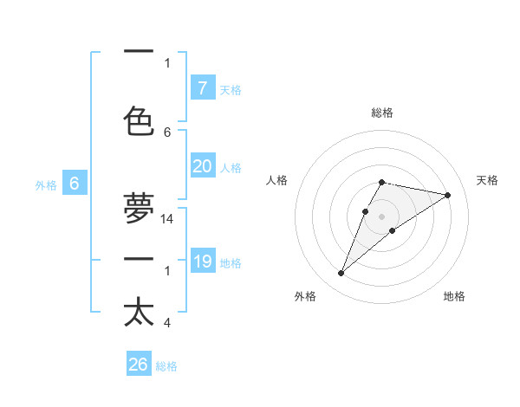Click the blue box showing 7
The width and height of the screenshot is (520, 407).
pyautogui.click(x=203, y=87)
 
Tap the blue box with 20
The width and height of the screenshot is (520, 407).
pyautogui.click(x=203, y=166)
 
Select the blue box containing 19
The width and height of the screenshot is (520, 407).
pyautogui.click(x=203, y=261)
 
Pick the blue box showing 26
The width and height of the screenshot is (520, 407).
pyautogui.click(x=139, y=365)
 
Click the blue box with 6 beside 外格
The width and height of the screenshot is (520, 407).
pyautogui.click(x=75, y=184)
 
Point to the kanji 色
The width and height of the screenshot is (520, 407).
pyautogui.click(x=139, y=120)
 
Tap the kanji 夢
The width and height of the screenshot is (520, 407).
pyautogui.click(x=139, y=208)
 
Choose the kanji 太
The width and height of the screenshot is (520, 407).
pyautogui.click(x=139, y=312)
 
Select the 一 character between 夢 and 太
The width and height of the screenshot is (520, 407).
pyautogui.click(x=139, y=259)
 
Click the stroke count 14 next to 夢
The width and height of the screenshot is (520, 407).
pyautogui.click(x=167, y=220)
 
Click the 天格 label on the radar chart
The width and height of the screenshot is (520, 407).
pyautogui.click(x=487, y=180)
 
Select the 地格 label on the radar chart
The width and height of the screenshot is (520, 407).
pyautogui.click(x=454, y=296)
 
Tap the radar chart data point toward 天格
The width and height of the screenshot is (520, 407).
pyautogui.click(x=447, y=195)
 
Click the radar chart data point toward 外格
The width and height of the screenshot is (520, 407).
pyautogui.click(x=341, y=274)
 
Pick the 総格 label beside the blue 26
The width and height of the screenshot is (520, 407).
pyautogui.click(x=166, y=366)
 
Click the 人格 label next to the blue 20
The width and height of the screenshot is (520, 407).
pyautogui.click(x=231, y=168)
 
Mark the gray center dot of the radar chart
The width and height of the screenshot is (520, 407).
pyautogui.click(x=381, y=216)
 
